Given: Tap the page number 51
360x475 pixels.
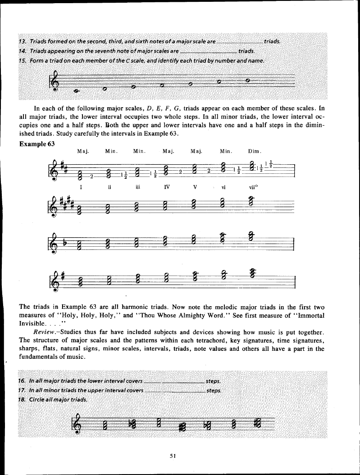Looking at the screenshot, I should click(173, 455).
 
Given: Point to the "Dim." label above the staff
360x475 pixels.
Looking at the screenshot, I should click(255, 151).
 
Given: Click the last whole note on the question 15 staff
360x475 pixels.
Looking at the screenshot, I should click(247, 81).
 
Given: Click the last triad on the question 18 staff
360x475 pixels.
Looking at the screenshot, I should click(258, 423).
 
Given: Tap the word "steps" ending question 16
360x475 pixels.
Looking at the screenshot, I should click(213, 381).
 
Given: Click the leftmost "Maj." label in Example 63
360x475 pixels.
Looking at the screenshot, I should click(82, 151).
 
